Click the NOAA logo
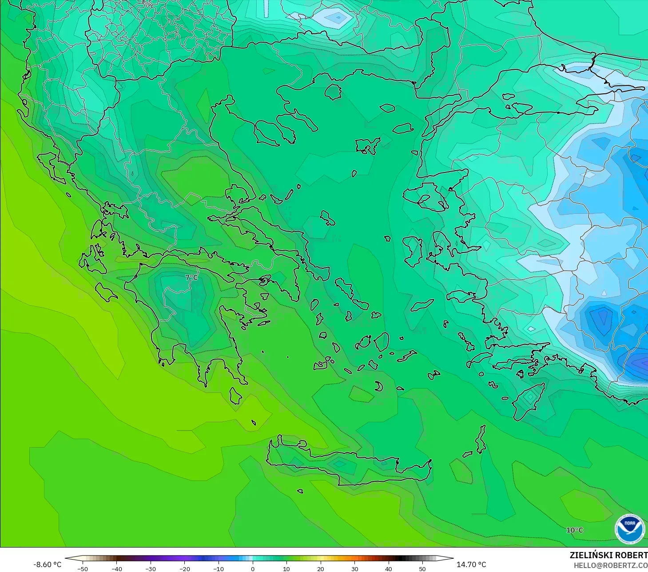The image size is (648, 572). click(629, 529)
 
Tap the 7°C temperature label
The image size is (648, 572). click(191, 277)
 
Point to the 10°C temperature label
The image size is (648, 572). click(574, 530)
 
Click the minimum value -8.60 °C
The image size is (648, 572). click(48, 564)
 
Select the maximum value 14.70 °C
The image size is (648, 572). click(471, 564)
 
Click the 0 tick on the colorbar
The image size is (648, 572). click(252, 568)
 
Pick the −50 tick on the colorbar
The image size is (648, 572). click(82, 568)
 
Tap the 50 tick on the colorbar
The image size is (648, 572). click(422, 568)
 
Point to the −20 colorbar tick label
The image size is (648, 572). click(184, 568)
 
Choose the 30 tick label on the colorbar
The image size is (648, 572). click(354, 568)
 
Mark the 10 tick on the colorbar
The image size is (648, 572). click(286, 568)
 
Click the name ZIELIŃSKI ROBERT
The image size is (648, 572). click(608, 555)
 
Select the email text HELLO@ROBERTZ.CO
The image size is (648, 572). click(610, 565)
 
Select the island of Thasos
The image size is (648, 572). click(333, 92)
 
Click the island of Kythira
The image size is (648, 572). click(235, 395)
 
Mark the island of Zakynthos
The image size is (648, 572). click(106, 291)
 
